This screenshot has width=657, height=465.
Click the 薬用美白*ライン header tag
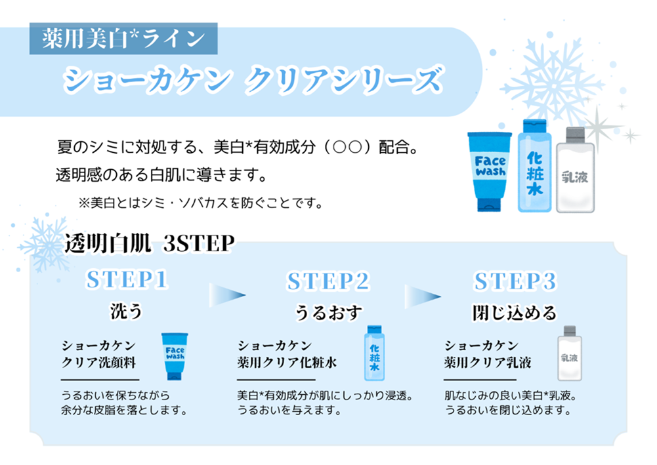(123, 39)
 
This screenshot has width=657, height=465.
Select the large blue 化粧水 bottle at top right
(535, 166)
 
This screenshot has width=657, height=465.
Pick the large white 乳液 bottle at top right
(576, 170)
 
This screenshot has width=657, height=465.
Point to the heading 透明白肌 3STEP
(149, 243)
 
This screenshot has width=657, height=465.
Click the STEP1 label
(127, 279)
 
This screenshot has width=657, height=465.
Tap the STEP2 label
(328, 281)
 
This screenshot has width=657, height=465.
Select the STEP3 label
(515, 281)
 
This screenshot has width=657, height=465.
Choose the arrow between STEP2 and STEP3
(423, 296)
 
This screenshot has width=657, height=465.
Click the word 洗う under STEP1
(127, 311)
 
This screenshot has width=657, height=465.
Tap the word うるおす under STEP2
(328, 312)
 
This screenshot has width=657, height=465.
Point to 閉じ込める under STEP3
(515, 313)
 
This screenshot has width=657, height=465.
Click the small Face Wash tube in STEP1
(175, 356)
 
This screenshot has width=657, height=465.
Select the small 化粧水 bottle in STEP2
(374, 353)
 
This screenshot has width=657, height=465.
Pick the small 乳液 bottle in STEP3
(570, 354)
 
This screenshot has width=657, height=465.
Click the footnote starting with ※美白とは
(201, 203)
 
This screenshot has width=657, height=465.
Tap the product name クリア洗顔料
(99, 363)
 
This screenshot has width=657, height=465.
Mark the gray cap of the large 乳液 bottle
(576, 135)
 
